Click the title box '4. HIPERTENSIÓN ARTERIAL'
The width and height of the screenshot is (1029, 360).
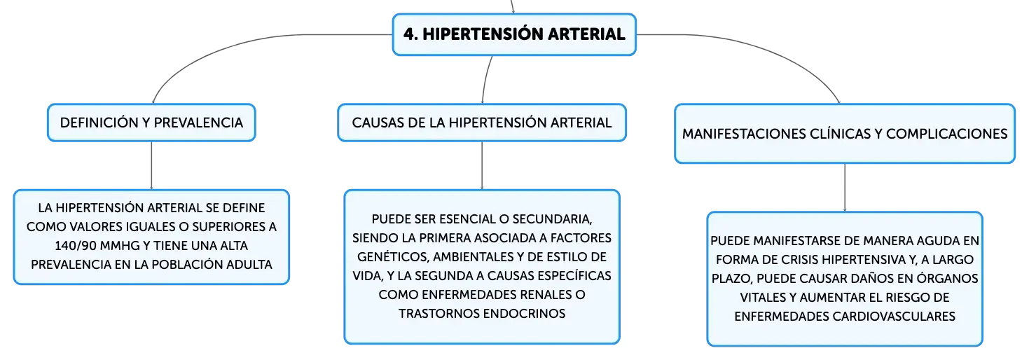coord(514,34)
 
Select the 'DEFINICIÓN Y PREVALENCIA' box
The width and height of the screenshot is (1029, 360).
coord(151,123)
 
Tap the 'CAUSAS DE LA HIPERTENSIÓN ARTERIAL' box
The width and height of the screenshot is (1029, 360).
coord(482,123)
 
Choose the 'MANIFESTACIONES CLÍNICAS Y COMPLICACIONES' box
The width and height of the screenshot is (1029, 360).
coord(844,134)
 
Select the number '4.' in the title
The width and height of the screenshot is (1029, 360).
coord(411,34)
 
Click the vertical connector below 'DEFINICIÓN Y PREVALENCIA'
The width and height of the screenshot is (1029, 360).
coord(151,165)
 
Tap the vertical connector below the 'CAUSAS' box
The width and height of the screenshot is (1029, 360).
coord(482,165)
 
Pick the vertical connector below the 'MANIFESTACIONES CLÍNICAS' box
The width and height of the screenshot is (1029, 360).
coord(845,187)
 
